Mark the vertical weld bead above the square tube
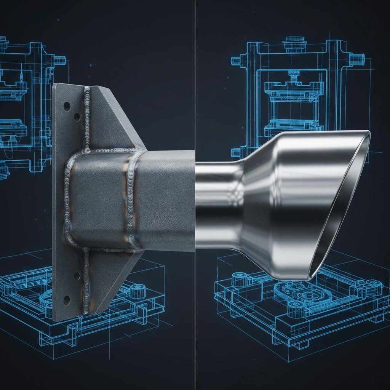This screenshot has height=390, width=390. pyautogui.click(x=87, y=118)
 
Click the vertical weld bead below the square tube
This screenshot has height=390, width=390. pyautogui.click(x=86, y=282)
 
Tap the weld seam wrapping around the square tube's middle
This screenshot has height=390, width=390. pyautogui.click(x=132, y=198)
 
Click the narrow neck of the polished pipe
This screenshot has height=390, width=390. pyautogui.click(x=217, y=206)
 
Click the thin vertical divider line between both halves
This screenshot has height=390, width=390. pyautogui.click(x=195, y=76)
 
